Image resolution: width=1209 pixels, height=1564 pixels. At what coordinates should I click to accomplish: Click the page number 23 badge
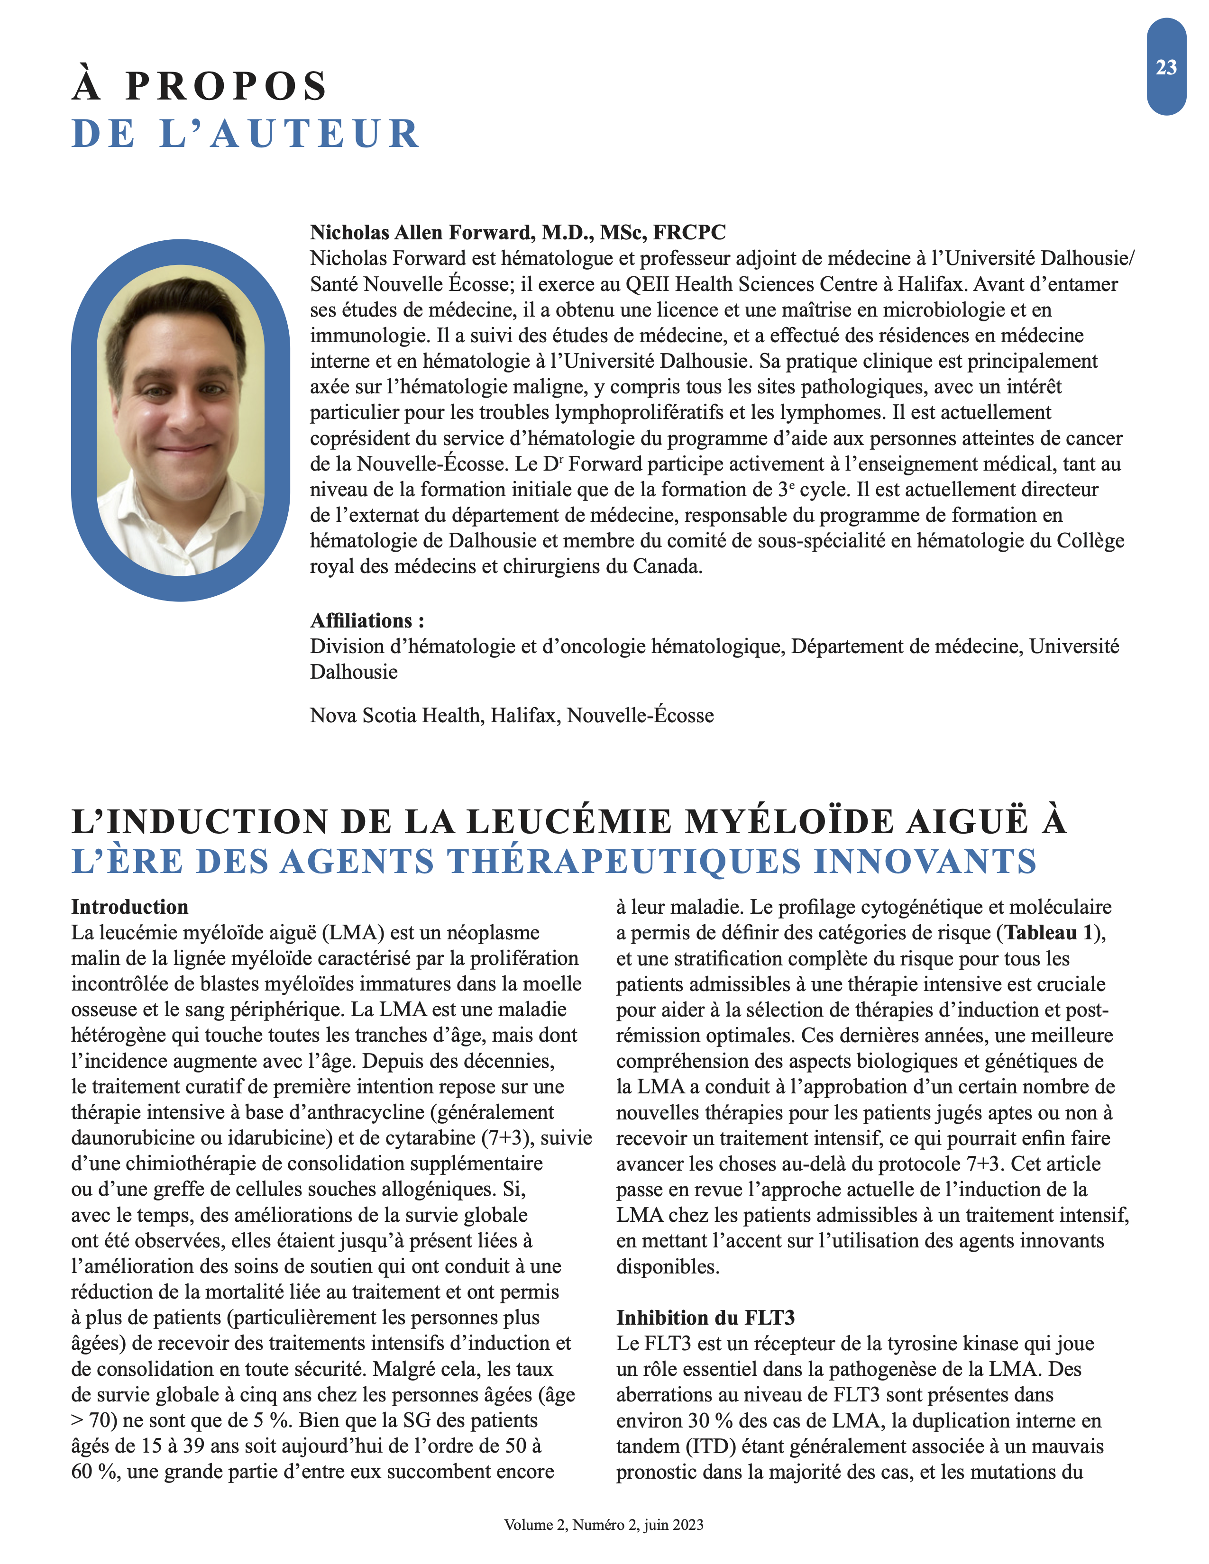coord(1165,67)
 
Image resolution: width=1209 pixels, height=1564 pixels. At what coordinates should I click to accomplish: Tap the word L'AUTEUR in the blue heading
coord(289,135)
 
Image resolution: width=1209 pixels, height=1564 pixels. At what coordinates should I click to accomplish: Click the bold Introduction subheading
coord(129,907)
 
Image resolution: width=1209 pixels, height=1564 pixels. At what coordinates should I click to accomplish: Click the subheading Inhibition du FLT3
coord(705,1318)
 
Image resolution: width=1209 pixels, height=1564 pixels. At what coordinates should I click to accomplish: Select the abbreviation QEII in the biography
coord(648,284)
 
